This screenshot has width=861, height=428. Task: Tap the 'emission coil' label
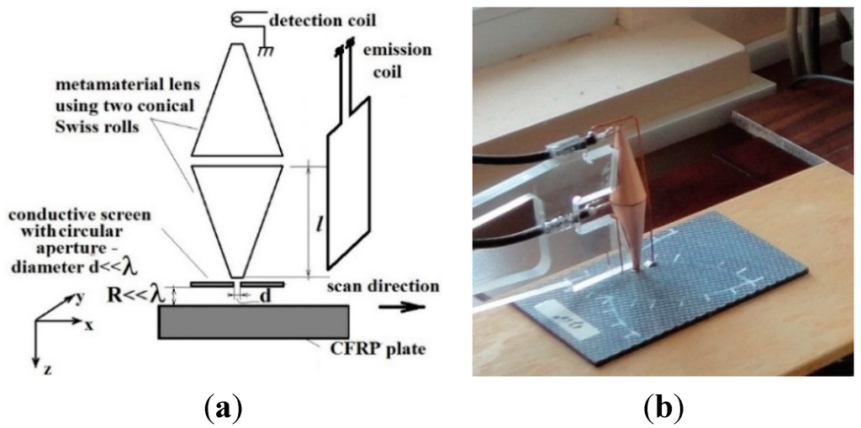(x=401, y=61)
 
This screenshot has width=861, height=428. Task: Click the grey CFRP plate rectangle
(x=253, y=322)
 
